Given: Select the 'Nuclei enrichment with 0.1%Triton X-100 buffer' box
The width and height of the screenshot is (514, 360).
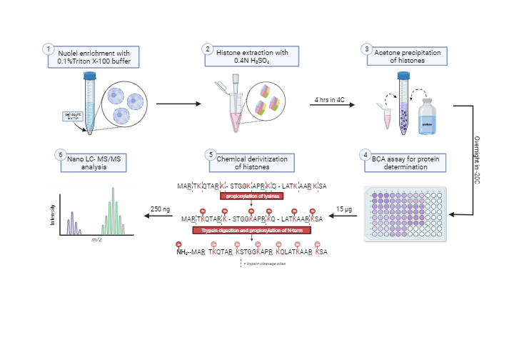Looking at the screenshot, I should [x=94, y=56].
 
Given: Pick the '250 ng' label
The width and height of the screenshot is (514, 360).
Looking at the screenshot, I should [x=161, y=209].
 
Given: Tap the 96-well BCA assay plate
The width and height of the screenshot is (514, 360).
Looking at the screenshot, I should [x=405, y=214].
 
